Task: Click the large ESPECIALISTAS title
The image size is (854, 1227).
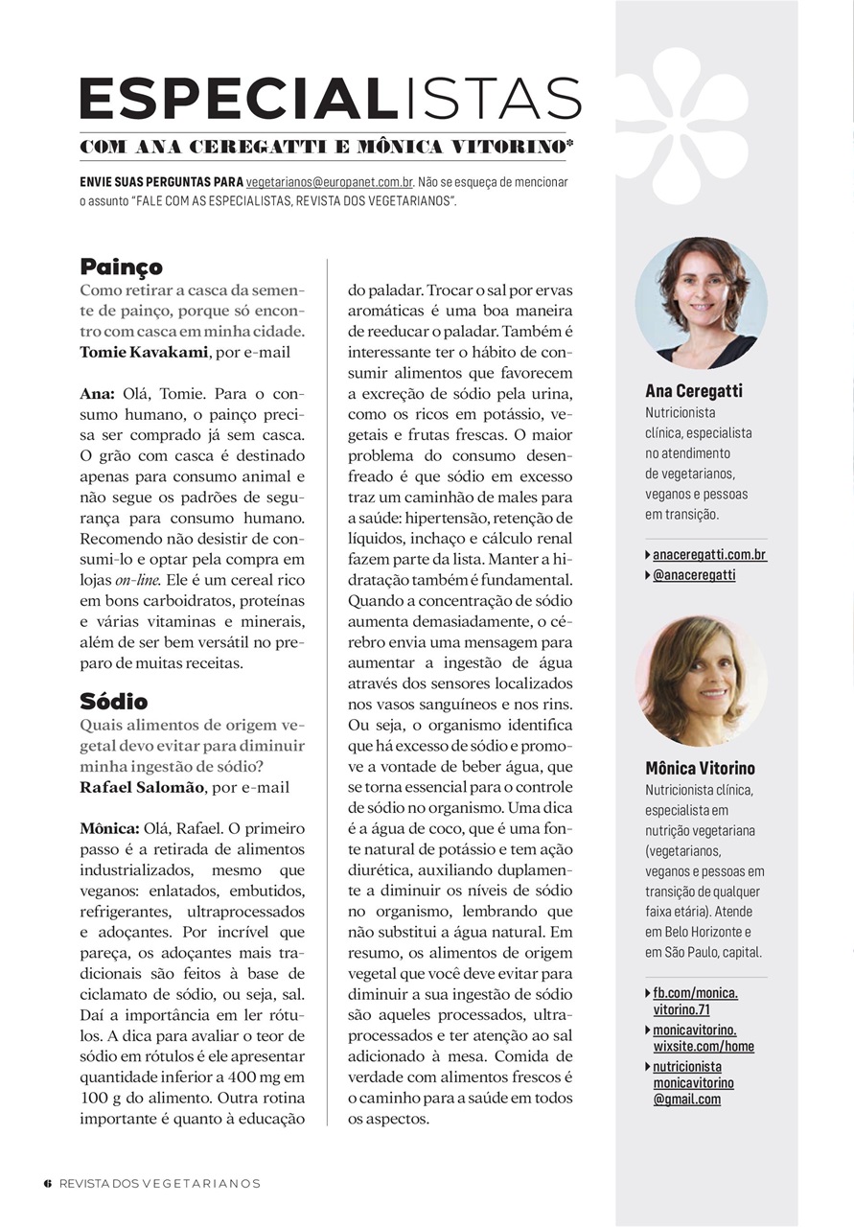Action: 330,99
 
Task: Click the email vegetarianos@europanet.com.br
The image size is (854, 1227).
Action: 330,181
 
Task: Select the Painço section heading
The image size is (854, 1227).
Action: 122,266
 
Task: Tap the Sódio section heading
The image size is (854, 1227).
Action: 114,701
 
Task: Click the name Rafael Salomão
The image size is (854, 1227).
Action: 141,787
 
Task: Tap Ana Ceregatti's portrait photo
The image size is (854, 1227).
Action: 700,302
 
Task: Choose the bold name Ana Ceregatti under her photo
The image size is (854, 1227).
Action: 694,391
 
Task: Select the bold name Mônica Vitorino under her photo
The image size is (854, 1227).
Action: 700,768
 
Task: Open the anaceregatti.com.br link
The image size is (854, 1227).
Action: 709,555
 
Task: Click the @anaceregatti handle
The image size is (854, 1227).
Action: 694,575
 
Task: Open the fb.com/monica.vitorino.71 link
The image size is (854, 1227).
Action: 695,1001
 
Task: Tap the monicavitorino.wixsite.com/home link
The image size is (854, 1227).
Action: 704,1038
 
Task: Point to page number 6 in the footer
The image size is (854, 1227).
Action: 47,1183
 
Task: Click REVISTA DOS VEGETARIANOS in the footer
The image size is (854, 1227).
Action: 159,1183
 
